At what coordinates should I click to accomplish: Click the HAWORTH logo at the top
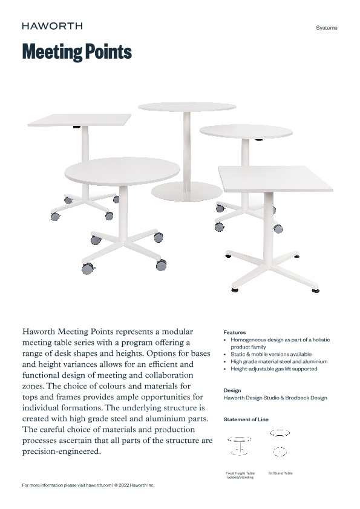[x=52, y=26]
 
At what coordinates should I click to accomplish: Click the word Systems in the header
[x=327, y=28]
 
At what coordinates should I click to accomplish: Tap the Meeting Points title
[x=77, y=52]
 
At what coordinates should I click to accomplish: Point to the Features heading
[x=235, y=332]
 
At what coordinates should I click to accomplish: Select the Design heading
[x=232, y=390]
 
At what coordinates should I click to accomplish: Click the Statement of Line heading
[x=246, y=419]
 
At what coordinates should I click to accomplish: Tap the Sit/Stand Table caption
[x=280, y=473]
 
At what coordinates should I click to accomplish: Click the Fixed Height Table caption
[x=240, y=473]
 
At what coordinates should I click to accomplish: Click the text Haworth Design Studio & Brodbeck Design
[x=275, y=398]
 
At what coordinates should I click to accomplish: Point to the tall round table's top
[x=187, y=107]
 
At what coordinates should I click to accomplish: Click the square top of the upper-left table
[x=79, y=119]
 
